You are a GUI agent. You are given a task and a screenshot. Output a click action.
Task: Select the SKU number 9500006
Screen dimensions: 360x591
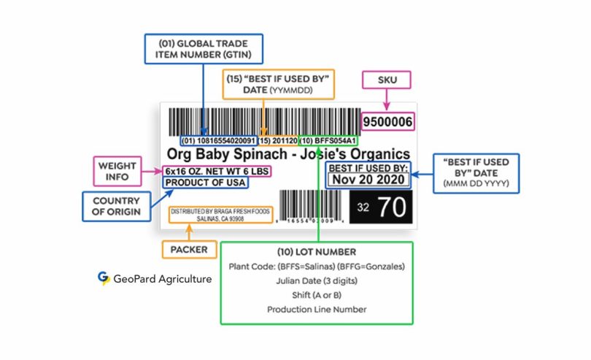(387, 121)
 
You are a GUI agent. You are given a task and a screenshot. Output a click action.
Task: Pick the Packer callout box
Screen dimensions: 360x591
(189, 250)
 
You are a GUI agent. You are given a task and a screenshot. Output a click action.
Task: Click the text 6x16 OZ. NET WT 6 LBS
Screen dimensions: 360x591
(218, 171)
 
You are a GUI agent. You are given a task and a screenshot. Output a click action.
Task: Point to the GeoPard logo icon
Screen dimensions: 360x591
(104, 278)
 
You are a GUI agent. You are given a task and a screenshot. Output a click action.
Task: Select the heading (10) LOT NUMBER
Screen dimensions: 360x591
(316, 253)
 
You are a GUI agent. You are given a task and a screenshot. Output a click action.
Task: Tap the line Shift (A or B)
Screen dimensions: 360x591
(316, 294)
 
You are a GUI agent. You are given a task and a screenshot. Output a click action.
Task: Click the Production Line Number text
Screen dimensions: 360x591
(316, 309)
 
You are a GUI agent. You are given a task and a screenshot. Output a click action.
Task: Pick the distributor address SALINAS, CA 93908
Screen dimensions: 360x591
(220, 218)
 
